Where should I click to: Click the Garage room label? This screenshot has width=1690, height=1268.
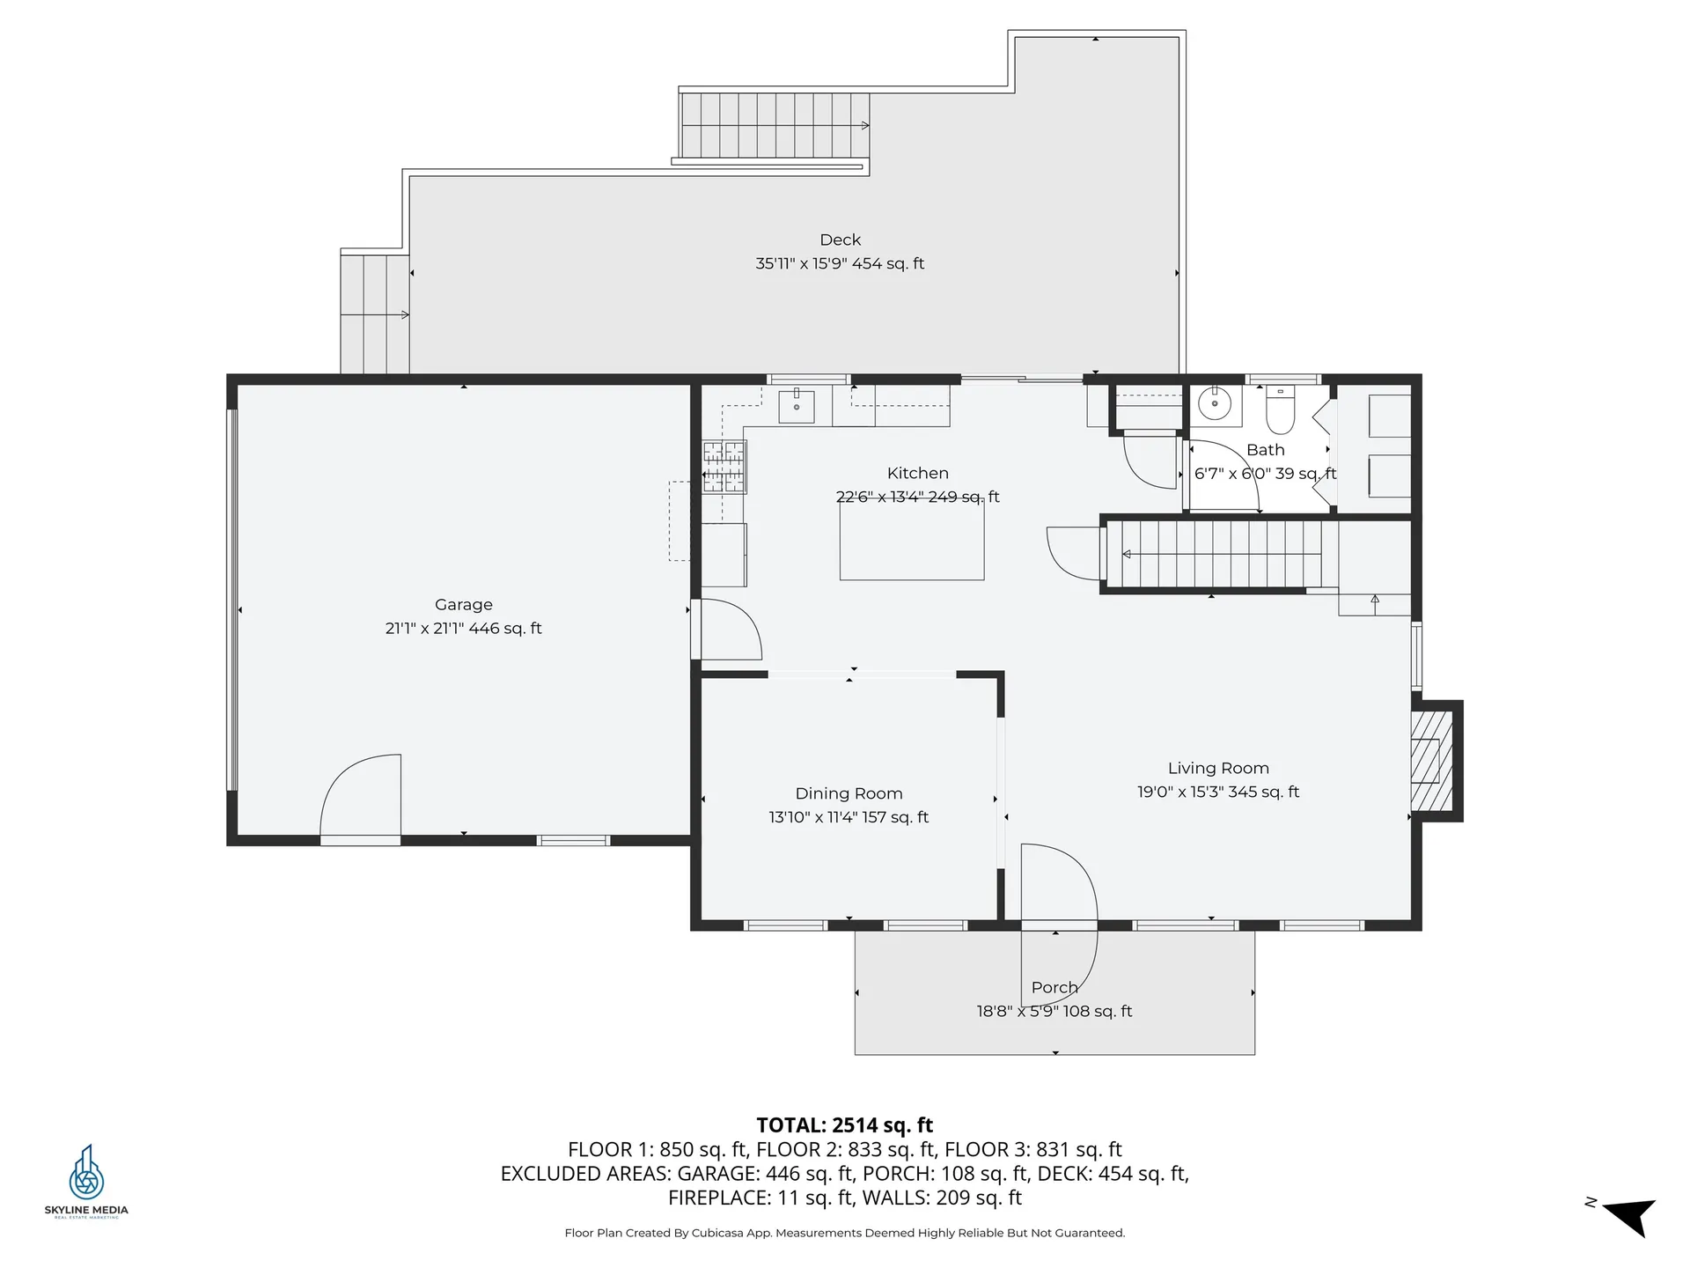tap(464, 605)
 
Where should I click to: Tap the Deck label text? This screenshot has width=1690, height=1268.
tap(841, 240)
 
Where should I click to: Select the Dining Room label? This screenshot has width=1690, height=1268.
tap(849, 793)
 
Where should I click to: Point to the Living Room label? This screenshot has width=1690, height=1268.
tap(1218, 769)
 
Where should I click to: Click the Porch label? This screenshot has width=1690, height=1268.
tap(1054, 988)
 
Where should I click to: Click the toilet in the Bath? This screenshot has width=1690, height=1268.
tap(1281, 409)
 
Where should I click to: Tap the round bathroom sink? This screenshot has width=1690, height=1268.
tap(1215, 404)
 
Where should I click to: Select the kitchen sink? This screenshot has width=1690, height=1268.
tap(797, 406)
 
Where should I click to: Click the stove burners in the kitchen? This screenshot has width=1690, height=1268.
tap(724, 467)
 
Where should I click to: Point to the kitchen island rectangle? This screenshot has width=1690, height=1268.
tap(912, 542)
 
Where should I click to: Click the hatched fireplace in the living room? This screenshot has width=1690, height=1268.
tap(1431, 761)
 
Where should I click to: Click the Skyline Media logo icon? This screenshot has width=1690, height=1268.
tap(86, 1172)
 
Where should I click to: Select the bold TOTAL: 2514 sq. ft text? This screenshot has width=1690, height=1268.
tap(845, 1125)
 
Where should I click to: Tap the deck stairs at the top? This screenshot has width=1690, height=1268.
tap(775, 125)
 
